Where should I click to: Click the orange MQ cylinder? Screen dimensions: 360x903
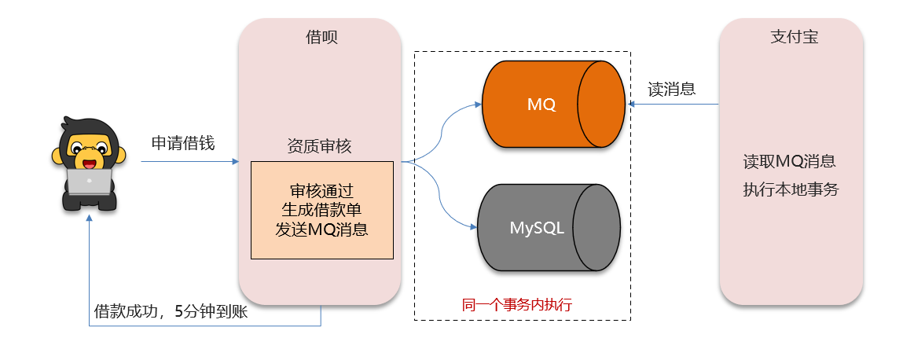[542, 104]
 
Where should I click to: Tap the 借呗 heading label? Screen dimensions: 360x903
[321, 37]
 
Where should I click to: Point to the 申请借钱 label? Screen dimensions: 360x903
[183, 143]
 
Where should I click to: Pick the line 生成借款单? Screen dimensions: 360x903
[321, 211]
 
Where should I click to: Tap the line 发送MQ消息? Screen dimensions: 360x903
[321, 230]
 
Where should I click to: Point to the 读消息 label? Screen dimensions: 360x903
[671, 89]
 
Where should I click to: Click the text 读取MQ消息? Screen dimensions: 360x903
[789, 162]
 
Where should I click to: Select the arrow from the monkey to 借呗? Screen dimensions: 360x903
[189, 162]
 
